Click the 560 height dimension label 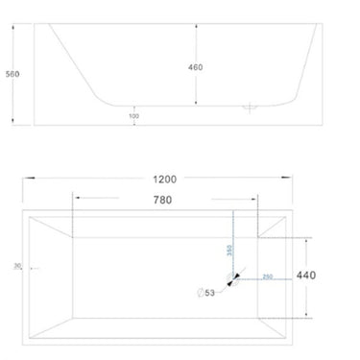(12, 74)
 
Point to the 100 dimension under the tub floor (134, 116)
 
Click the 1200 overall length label (162, 179)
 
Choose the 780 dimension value (162, 200)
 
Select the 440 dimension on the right (306, 275)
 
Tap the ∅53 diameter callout (204, 293)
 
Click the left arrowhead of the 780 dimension (77, 200)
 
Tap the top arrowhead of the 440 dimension (306, 240)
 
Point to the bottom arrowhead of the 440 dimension (306, 316)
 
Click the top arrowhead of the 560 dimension (13, 28)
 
